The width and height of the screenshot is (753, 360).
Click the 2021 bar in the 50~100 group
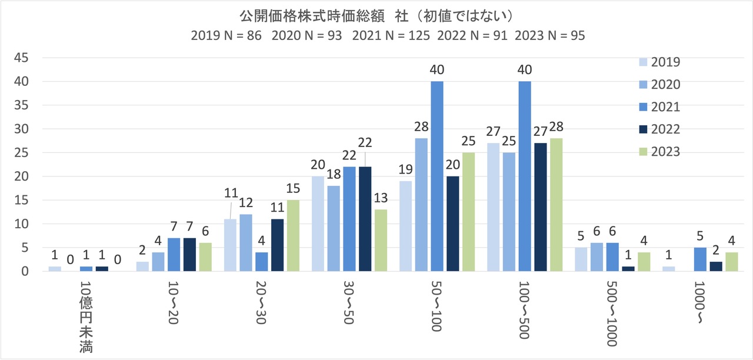[x=437, y=176]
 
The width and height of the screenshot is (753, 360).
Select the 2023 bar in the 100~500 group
[x=556, y=205]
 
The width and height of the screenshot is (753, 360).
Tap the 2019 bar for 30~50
[x=318, y=224]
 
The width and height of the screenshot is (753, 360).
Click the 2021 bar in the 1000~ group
[x=700, y=259]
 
